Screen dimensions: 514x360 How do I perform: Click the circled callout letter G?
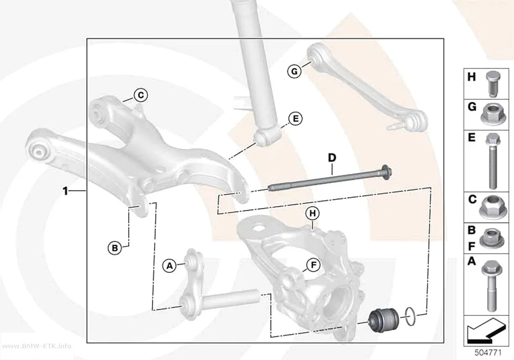click(294, 71)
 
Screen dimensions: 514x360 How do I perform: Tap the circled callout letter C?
click(140, 95)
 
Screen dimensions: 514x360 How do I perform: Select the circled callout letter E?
click(295, 119)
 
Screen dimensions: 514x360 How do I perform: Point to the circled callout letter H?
click(312, 214)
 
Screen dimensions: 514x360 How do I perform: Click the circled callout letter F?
click(313, 265)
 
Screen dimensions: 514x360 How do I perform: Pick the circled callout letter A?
click(169, 265)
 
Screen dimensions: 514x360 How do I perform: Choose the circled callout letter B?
click(115, 247)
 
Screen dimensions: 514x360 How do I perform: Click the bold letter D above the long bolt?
click(332, 158)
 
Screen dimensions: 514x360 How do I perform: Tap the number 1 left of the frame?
click(66, 191)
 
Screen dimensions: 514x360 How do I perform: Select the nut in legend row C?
click(492, 207)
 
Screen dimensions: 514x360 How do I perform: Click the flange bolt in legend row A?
click(491, 286)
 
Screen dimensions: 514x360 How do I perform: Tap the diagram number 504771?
click(488, 353)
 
